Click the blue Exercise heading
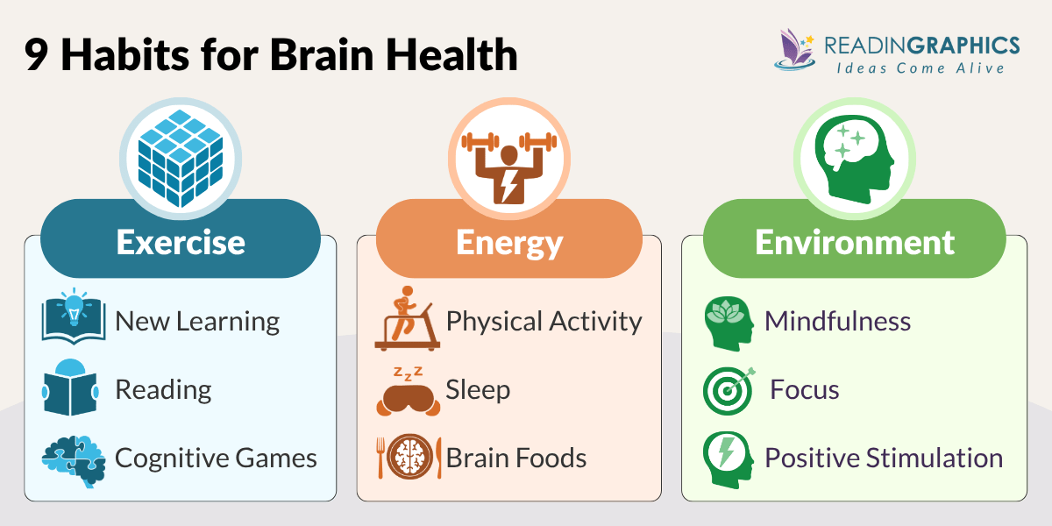pos(181,241)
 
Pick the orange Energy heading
pos(508,241)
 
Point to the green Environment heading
pos(854,241)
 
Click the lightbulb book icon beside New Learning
pos(74,320)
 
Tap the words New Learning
pos(197,321)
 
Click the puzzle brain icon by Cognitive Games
pos(74,458)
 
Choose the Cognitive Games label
pos(216,458)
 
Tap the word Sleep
pos(478,389)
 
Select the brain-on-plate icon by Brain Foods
pos(409,457)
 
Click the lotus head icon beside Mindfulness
pos(729,321)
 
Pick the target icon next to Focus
pos(729,389)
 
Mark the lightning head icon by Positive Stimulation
pos(729,457)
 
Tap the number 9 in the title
pos(37,55)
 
